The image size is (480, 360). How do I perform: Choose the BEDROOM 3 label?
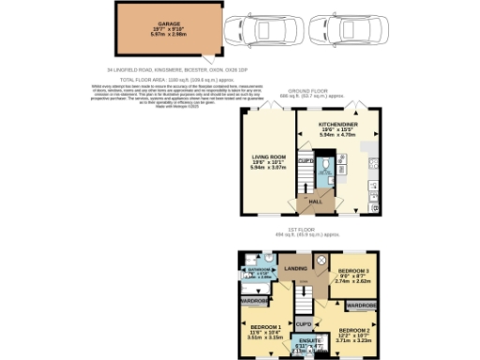[x=353, y=273]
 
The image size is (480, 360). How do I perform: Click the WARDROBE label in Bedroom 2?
[x=361, y=305]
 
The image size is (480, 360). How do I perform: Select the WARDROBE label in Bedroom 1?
[x=253, y=301]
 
